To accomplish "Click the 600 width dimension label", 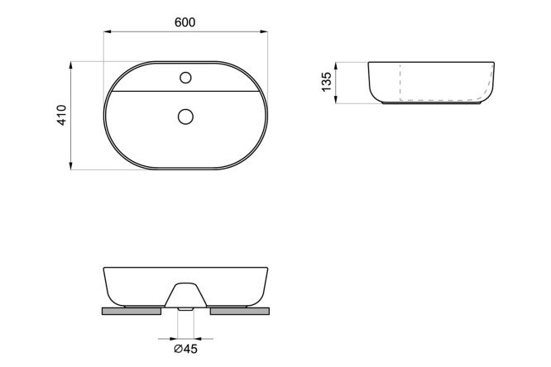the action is tap(184, 22).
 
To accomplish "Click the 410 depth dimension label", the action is tap(62, 115).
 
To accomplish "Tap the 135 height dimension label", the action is tap(327, 82).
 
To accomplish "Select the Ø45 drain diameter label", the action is tap(185, 349).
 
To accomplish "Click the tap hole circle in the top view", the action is tap(185, 78).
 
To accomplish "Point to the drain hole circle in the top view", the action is tap(185, 117).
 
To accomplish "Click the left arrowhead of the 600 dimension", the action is tap(108, 31).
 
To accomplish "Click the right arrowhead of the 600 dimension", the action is tap(264, 31).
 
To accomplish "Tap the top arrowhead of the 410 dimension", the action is tap(71, 65).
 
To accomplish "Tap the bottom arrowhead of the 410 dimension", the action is tap(71, 166).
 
